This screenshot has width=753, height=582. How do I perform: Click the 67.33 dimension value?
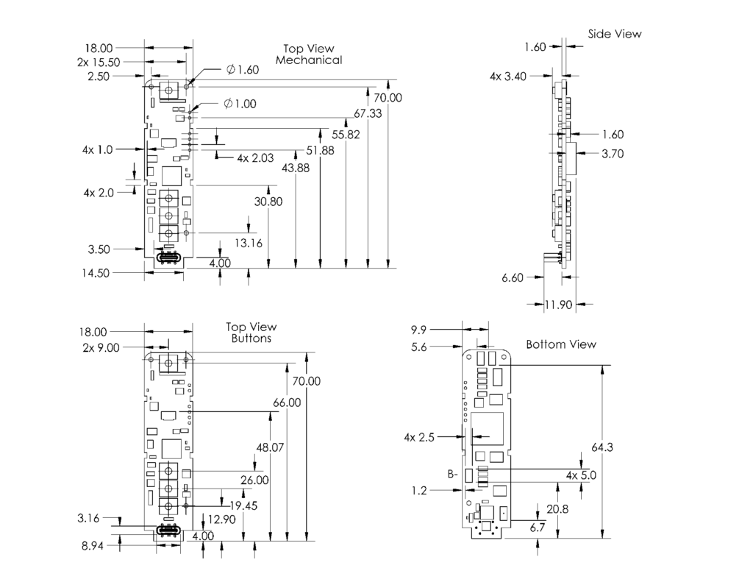[x=367, y=113]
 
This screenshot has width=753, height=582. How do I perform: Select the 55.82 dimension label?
[x=346, y=135]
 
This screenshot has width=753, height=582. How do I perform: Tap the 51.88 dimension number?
[x=320, y=150]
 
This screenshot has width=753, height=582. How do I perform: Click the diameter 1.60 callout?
[x=243, y=70]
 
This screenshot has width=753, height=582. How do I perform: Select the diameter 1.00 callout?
[x=240, y=104]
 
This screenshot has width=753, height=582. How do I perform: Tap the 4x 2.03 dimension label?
[x=255, y=157]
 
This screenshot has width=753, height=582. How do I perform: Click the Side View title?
[x=615, y=34]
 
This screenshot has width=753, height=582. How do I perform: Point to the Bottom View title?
[x=561, y=344]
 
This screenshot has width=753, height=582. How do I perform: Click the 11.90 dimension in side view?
[x=559, y=303]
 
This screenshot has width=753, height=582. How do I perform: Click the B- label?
[x=452, y=475]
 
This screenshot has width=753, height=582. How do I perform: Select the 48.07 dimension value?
[x=271, y=447]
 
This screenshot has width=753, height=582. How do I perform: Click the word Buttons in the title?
[x=251, y=338]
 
